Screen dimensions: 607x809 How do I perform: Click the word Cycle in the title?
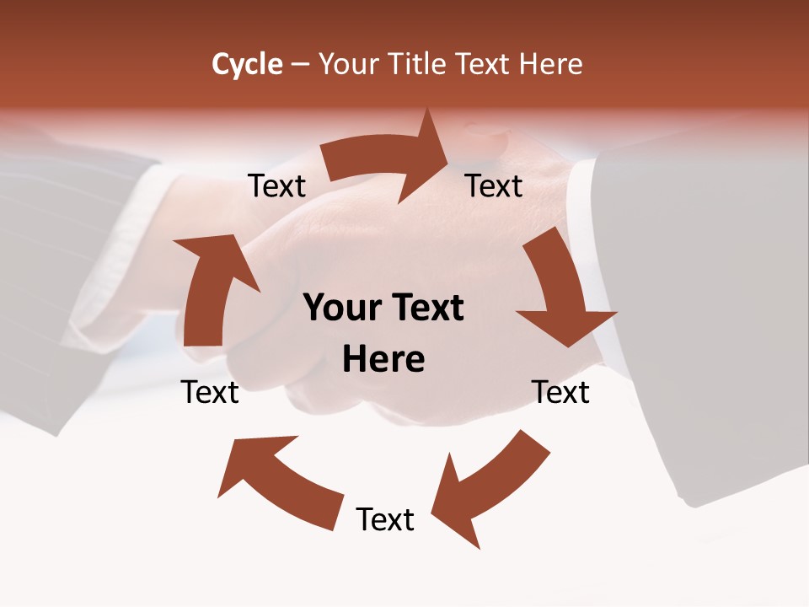click(247, 64)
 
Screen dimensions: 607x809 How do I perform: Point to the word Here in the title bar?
click(550, 64)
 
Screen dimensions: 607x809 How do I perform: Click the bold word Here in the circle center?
click(383, 360)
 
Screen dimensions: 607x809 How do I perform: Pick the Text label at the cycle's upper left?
click(276, 185)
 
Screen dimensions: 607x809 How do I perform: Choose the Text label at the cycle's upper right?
click(494, 185)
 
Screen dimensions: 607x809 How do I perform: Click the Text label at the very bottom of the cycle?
click(385, 519)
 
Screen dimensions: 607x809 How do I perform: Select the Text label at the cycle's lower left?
click(210, 392)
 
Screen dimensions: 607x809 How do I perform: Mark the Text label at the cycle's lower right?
click(560, 392)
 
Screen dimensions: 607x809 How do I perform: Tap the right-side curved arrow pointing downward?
click(560, 291)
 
